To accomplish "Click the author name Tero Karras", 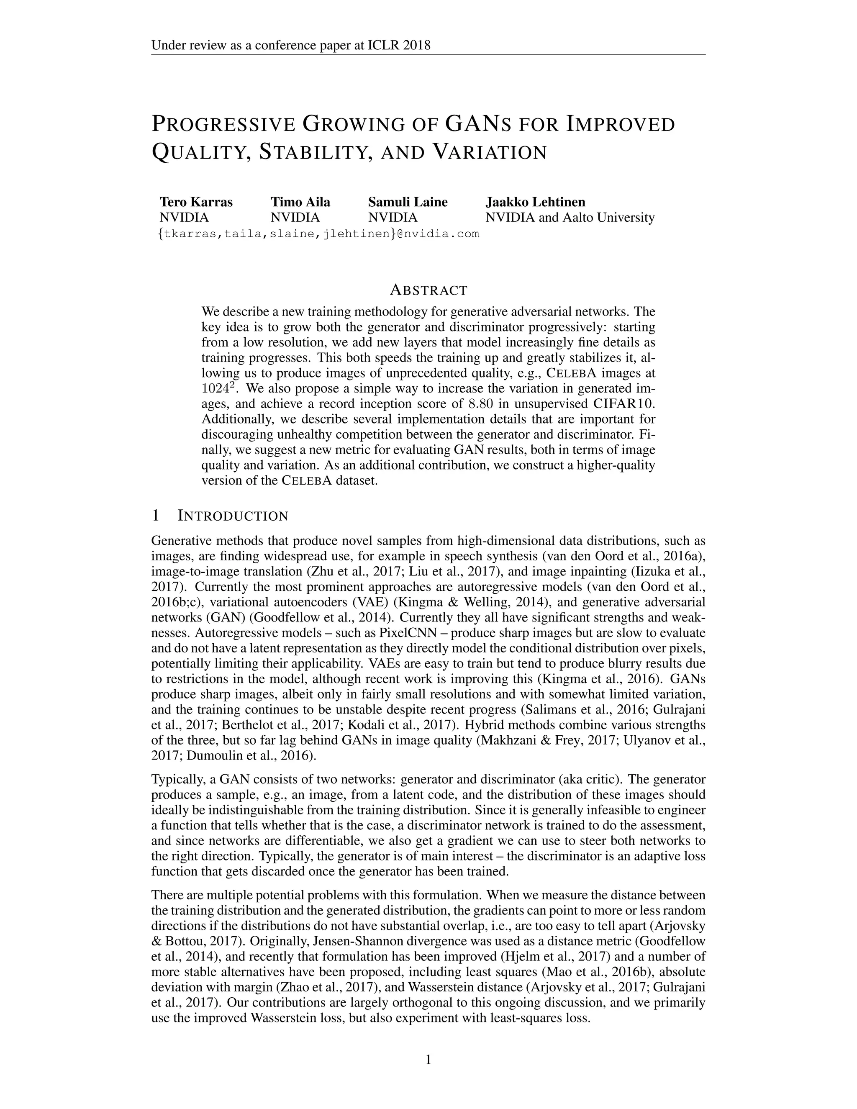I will [196, 202].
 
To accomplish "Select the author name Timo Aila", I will [300, 202].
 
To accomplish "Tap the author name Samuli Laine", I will [408, 202].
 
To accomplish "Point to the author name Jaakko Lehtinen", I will [535, 202].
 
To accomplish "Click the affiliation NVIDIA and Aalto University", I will [570, 218].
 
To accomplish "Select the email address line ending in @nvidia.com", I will [319, 234].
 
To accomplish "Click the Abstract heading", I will [428, 290].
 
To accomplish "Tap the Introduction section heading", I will [233, 516].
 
